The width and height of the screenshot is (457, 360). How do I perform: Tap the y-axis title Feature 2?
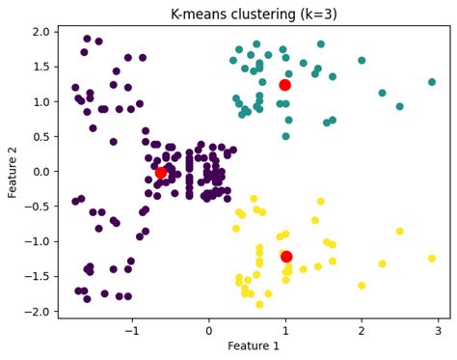coord(13,170)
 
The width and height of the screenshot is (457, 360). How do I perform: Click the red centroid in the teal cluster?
coord(285,85)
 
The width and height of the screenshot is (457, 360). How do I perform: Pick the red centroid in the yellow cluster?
coord(286,257)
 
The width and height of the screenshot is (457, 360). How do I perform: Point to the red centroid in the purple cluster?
coord(161,173)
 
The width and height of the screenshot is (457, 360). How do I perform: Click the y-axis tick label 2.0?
coord(40,32)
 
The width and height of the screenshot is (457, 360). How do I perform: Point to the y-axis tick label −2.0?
coord(38,312)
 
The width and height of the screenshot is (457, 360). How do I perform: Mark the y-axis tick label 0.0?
coord(40,172)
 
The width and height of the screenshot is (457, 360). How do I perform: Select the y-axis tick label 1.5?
coord(40,67)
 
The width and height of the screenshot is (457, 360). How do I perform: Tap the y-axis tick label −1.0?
coord(38,242)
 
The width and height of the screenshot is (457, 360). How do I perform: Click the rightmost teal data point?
coord(432,82)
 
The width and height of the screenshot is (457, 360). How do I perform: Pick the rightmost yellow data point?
coord(432,258)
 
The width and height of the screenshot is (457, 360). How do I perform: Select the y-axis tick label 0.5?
coord(40,137)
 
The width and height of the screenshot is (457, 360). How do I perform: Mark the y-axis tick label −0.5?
coord(38,207)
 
